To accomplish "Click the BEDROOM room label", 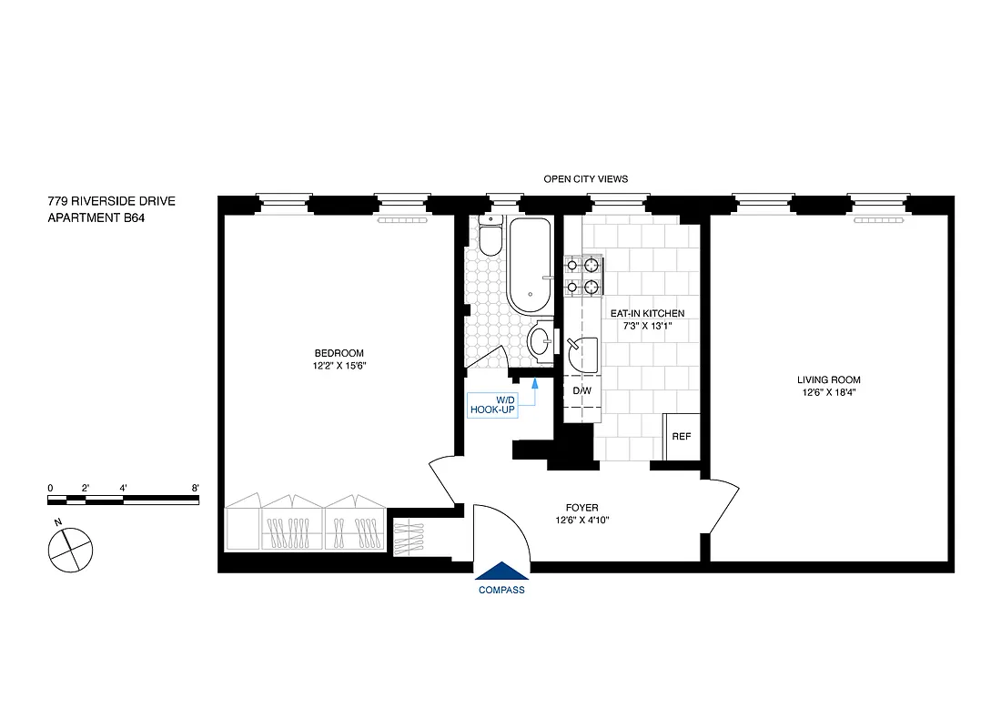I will point(339,353).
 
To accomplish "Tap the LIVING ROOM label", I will point(828,379).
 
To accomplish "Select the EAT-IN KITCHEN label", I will point(647,313).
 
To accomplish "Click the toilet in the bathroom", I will point(490,237).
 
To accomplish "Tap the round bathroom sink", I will point(539,342).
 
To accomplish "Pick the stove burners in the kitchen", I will point(582,277).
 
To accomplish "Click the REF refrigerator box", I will point(681,437).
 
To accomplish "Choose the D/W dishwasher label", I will point(581,391).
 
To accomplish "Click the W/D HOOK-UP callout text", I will point(492,405).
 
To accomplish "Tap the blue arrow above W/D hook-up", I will point(535,387).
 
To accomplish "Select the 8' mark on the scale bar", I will point(196,488).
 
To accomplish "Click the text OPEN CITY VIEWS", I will point(585,179).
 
